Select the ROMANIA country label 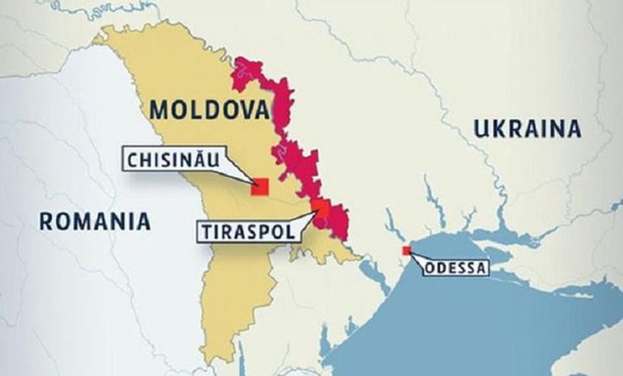(x=95, y=220)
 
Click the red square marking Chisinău (x=260, y=186)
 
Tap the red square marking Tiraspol (x=322, y=209)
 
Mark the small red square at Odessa (x=406, y=251)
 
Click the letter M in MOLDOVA (x=158, y=109)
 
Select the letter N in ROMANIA (x=115, y=220)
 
